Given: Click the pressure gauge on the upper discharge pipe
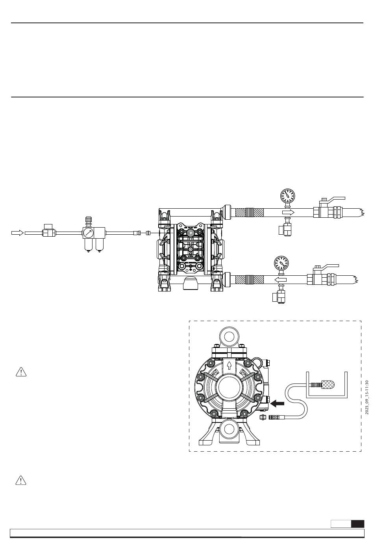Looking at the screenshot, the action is click(x=287, y=195).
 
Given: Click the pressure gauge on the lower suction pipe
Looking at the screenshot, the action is click(x=281, y=262).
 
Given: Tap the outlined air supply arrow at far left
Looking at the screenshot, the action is click(x=17, y=233).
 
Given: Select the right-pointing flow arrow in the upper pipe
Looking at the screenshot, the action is click(x=288, y=213).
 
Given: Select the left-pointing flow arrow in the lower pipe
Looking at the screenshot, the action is click(x=280, y=280).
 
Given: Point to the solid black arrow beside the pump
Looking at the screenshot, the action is click(x=278, y=403).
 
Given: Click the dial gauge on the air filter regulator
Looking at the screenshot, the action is click(x=88, y=233).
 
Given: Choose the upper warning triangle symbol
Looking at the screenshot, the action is click(x=20, y=372).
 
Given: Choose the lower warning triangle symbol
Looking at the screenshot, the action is click(x=20, y=480).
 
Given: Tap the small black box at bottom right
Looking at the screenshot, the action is click(x=357, y=524).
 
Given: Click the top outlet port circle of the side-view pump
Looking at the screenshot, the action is click(x=229, y=336).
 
